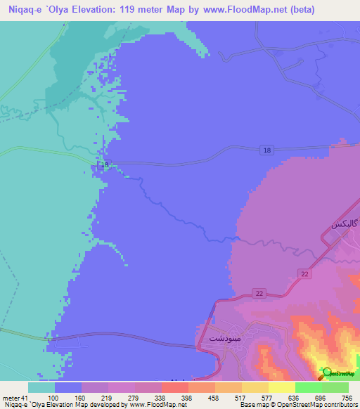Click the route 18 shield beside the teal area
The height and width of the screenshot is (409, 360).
coord(104,164)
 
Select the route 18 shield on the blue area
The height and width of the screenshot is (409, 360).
coord(265,150)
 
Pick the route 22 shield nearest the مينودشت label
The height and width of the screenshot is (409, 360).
coord(259,293)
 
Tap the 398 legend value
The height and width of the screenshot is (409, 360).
coord(187,398)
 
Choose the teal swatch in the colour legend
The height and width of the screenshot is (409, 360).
coord(41,387)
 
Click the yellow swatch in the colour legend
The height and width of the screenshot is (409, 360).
coord(281,387)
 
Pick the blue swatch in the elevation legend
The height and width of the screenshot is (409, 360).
coord(68,387)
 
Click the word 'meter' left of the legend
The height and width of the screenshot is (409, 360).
coord(11,398)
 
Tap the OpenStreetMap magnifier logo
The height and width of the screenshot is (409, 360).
coord(327,372)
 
